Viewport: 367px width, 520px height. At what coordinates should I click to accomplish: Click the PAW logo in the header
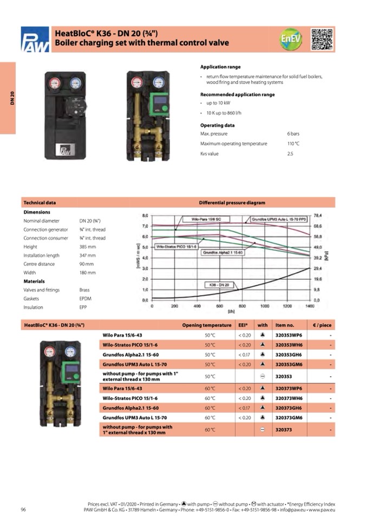(35, 40)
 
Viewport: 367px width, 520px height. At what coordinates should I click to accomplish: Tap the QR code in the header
(322, 39)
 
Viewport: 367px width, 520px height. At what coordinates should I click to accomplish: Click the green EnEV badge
(291, 39)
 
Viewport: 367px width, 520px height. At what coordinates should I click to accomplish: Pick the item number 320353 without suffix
(283, 376)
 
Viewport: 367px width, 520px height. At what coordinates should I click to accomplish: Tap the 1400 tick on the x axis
(309, 306)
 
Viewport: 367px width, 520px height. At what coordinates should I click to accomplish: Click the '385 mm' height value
(87, 247)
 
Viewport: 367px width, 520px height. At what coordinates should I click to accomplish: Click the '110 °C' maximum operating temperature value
(293, 144)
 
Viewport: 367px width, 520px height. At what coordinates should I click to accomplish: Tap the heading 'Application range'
(220, 67)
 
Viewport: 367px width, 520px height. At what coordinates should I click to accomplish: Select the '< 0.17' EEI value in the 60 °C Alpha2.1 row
(244, 408)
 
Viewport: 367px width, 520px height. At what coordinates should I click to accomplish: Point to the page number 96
(24, 509)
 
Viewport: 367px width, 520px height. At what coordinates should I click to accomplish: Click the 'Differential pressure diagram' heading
(232, 203)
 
